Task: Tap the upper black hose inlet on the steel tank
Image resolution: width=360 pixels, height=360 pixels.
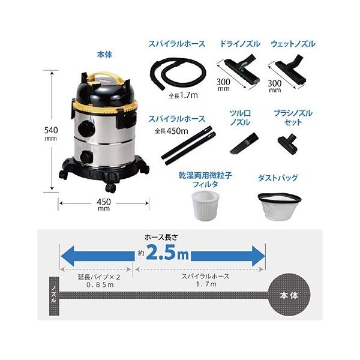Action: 86,129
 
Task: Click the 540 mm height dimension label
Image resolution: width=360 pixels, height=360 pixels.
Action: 51,133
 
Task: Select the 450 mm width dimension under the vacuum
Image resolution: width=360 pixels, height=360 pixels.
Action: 104,205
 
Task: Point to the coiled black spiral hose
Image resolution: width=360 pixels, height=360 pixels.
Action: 178,74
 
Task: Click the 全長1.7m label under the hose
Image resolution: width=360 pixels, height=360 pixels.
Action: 183,95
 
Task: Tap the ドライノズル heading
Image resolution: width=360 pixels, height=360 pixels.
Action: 240,44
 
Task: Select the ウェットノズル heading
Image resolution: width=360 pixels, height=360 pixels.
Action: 293,44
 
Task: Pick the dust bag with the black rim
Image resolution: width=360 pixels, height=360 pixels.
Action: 279,206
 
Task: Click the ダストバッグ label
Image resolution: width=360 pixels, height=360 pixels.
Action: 278,178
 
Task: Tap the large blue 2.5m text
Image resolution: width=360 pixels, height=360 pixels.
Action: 167,253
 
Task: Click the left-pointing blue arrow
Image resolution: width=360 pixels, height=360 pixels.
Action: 97,256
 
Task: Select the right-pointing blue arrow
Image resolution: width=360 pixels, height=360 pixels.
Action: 228,256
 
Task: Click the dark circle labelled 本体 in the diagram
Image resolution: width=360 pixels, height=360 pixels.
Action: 289,295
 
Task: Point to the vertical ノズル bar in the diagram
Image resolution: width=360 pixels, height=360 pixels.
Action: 54,296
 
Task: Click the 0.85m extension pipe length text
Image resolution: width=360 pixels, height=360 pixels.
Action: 100,284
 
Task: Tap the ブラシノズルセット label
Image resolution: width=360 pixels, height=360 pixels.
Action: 293,118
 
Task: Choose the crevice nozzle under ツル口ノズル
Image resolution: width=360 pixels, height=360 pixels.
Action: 244,143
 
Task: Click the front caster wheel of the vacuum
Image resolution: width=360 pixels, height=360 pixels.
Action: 110,188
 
